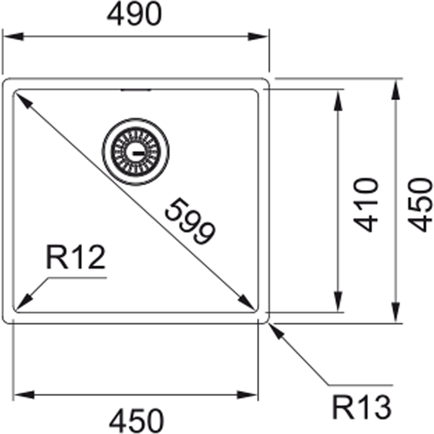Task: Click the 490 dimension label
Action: point(134,14)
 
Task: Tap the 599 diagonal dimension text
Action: point(190,221)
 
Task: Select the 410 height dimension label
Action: point(365,205)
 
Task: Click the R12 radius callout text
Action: point(76,256)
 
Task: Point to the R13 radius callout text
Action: point(362,407)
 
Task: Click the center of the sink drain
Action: point(135,152)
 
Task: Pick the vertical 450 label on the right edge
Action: point(420,205)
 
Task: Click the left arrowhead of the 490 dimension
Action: point(13,36)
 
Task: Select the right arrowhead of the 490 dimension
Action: point(258,36)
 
